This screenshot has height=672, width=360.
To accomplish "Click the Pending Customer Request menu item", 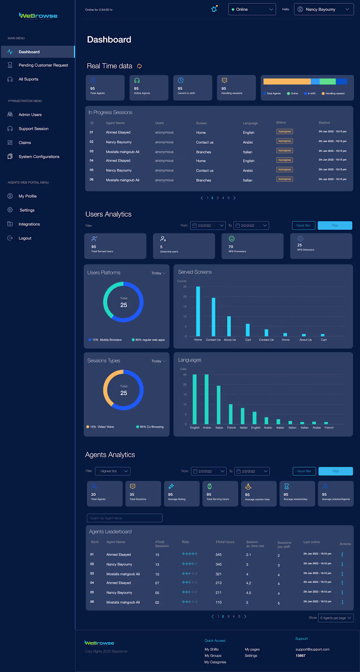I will click(43, 65).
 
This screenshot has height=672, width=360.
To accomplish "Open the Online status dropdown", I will click(252, 9).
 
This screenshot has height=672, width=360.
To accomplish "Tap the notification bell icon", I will click(214, 9).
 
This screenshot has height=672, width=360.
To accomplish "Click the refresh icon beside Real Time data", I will click(139, 66).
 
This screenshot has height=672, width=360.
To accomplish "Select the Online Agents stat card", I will click(149, 87).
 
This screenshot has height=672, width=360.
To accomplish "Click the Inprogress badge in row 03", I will click(284, 151).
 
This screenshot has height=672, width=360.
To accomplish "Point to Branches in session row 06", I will click(204, 180).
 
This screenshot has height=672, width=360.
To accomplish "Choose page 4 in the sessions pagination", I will click(223, 198).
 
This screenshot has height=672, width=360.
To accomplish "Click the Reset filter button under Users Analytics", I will click(303, 226).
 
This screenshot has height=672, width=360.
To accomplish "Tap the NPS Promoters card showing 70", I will click(252, 246).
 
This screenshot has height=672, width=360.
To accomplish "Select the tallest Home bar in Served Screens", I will click(198, 311).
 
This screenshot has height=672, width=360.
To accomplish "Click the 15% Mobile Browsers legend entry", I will click(105, 340).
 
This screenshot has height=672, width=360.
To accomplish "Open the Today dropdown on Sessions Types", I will click(158, 361).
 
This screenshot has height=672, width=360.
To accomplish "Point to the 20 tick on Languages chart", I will click(185, 385).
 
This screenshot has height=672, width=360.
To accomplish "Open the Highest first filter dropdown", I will click(113, 471).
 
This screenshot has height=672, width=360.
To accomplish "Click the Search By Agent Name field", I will click(124, 518).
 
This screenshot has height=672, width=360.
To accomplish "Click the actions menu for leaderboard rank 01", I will click(342, 554).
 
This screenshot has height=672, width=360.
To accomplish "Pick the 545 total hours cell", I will click(219, 555).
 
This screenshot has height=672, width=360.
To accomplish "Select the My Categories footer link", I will click(215, 662).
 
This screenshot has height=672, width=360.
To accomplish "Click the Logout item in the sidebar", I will click(25, 238).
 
